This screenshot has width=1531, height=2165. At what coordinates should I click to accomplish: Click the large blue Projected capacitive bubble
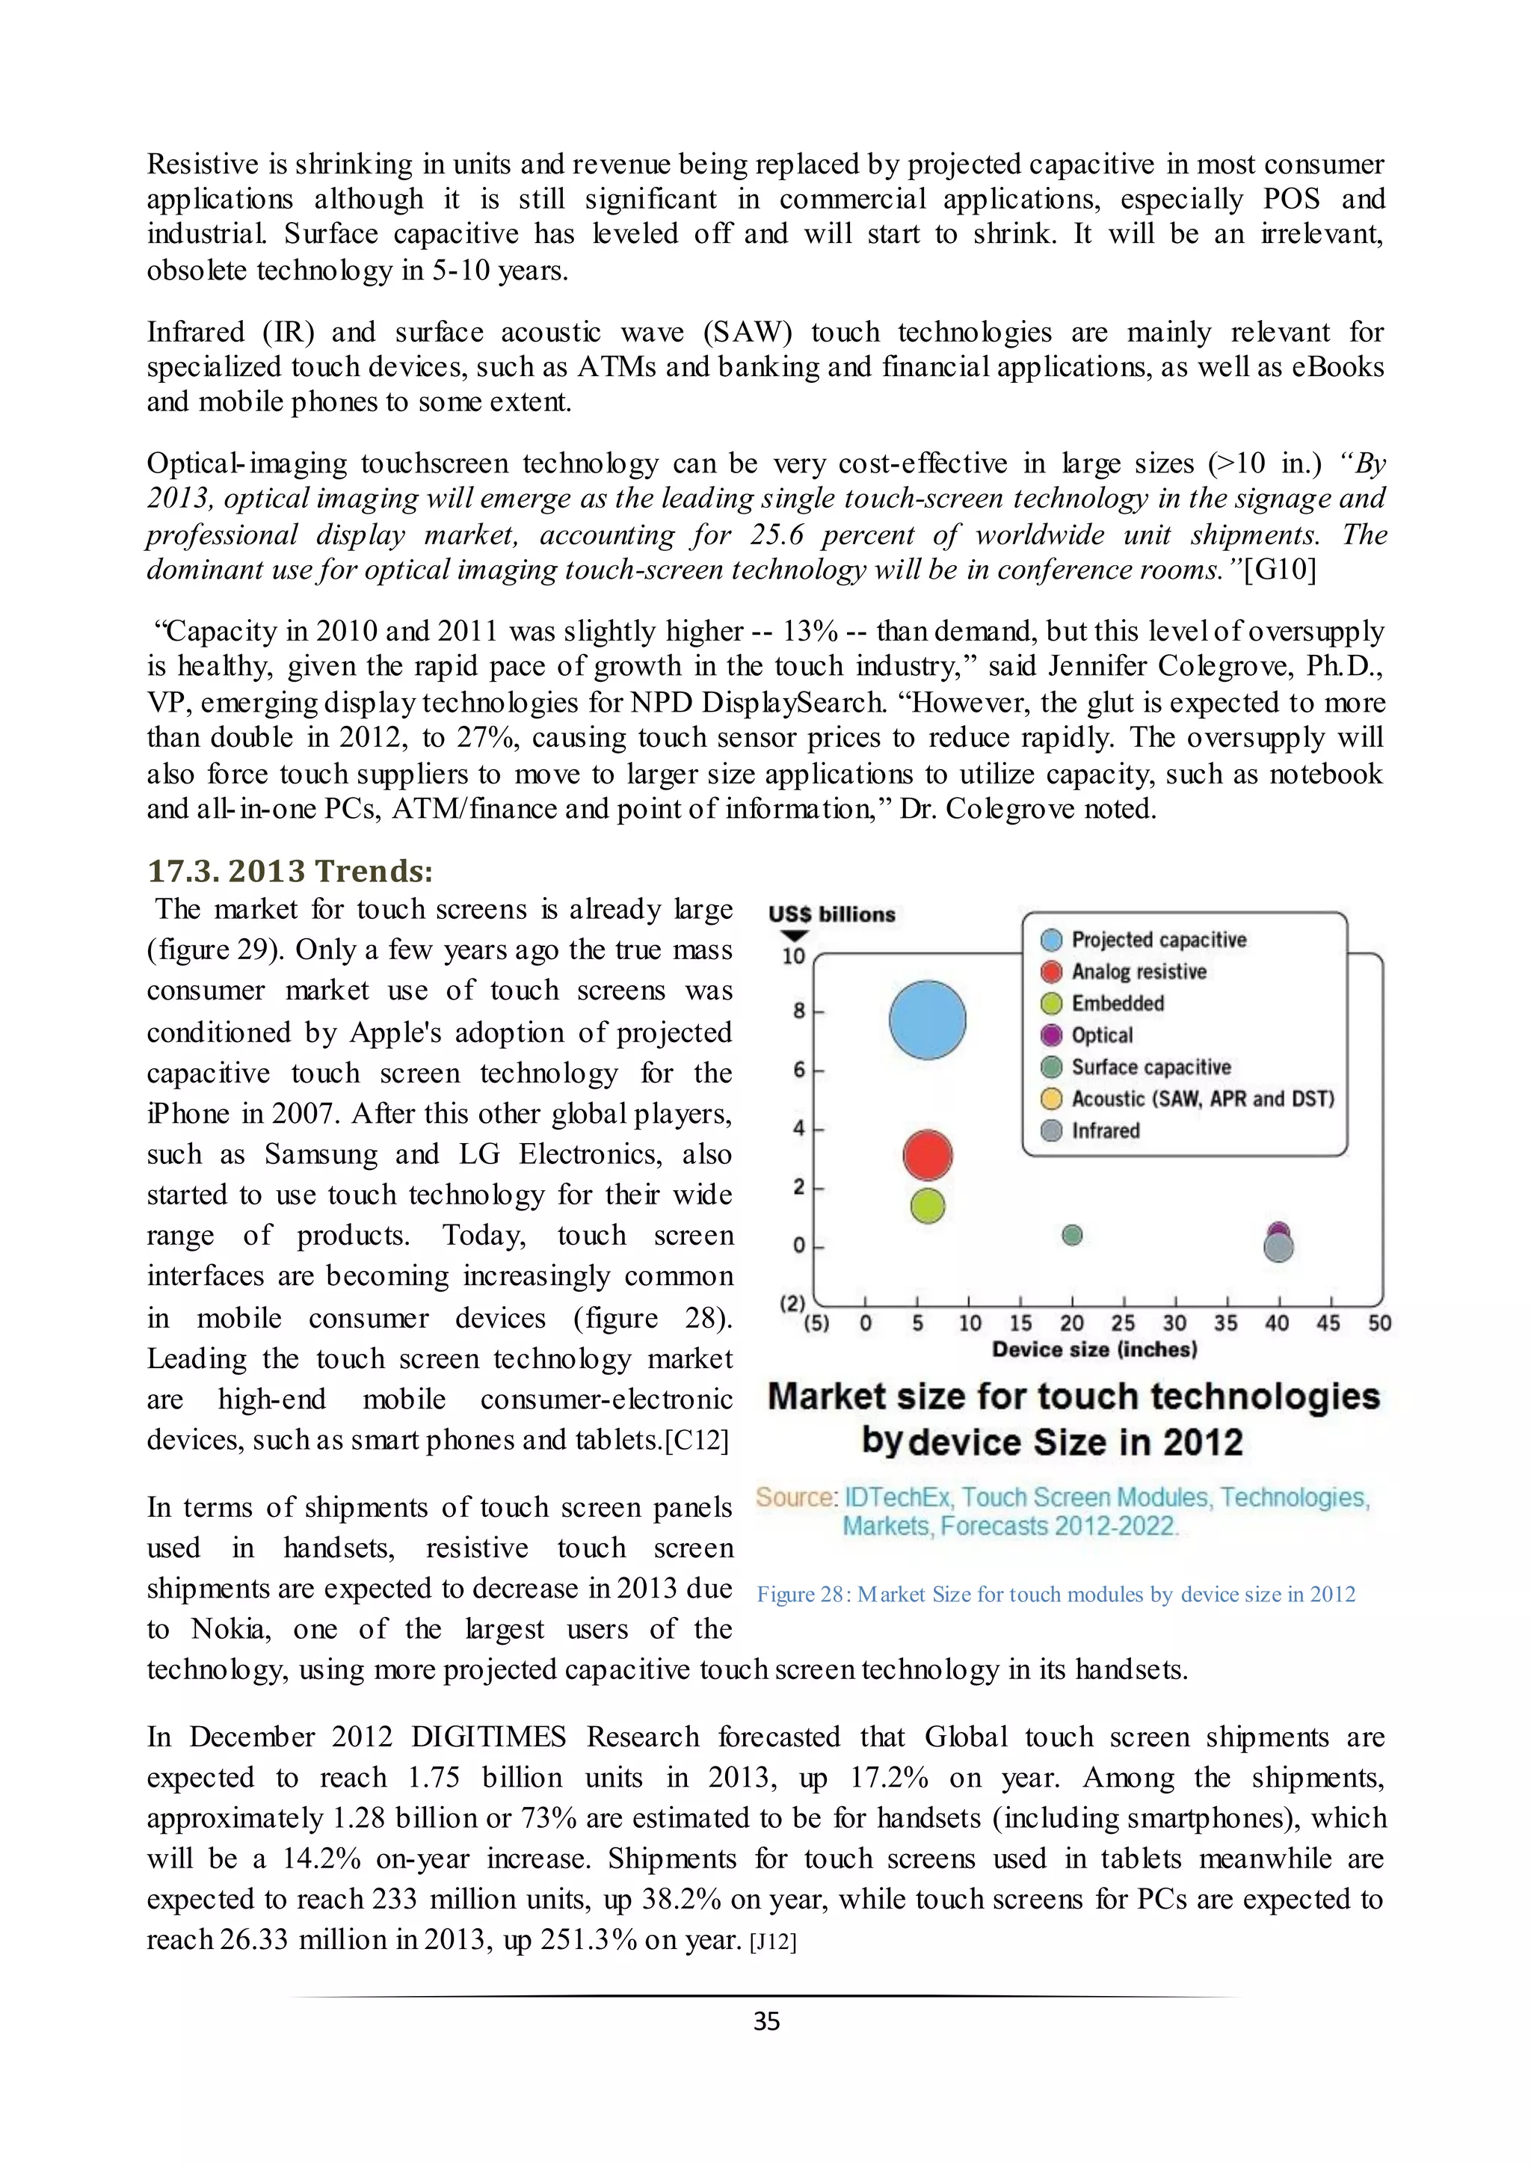(x=928, y=1019)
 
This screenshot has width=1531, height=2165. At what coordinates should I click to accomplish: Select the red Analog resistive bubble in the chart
(x=928, y=1154)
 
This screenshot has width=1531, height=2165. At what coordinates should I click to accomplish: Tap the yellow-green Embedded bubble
(x=928, y=1205)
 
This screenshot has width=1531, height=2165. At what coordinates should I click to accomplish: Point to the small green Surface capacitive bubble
(x=1072, y=1234)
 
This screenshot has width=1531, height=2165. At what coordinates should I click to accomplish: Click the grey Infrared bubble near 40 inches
(x=1278, y=1248)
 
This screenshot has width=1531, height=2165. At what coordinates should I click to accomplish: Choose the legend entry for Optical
(x=1101, y=1035)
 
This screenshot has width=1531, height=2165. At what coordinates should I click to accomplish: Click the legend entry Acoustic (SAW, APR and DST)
(x=1202, y=1098)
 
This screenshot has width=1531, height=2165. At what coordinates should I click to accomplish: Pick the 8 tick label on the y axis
(x=798, y=1011)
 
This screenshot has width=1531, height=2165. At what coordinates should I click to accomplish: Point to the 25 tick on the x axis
(x=1123, y=1323)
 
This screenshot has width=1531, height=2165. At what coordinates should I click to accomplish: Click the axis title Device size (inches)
(x=1094, y=1349)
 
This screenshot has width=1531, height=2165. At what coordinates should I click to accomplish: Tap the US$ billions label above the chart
(x=831, y=914)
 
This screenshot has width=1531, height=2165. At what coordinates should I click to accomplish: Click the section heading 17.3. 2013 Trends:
(x=290, y=870)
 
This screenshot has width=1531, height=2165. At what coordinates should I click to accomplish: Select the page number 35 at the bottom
(x=766, y=2021)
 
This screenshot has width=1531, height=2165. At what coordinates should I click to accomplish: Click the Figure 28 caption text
(x=1056, y=1594)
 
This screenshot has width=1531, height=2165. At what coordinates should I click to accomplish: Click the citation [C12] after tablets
(x=697, y=1441)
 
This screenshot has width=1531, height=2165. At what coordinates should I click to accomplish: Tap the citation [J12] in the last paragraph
(x=773, y=1941)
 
